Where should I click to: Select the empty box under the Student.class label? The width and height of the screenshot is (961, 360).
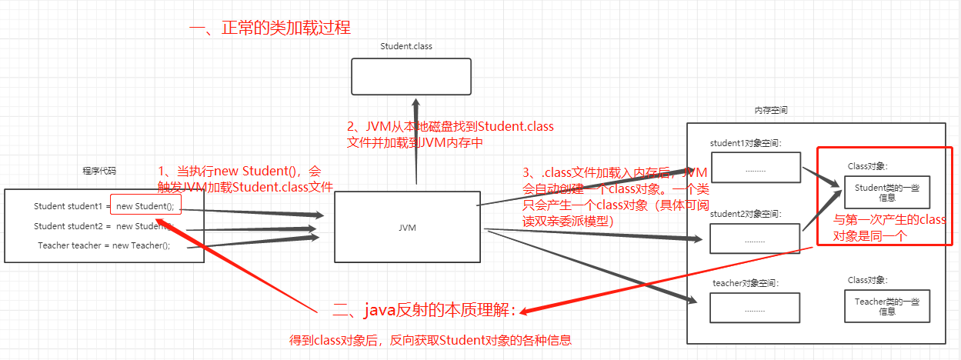click(410, 78)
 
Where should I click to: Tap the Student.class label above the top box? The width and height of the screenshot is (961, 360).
click(406, 46)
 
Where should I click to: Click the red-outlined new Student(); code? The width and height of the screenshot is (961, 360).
click(146, 205)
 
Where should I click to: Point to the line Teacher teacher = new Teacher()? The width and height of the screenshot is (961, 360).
click(104, 245)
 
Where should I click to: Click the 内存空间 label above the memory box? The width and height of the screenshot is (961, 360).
click(770, 111)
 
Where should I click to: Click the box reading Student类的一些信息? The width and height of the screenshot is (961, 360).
click(886, 192)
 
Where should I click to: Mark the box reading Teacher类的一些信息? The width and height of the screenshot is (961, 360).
click(886, 305)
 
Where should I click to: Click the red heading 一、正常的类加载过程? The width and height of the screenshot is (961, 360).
click(270, 28)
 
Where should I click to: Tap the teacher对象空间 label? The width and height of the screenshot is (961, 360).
click(746, 283)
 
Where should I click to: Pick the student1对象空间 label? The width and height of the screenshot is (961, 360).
click(745, 143)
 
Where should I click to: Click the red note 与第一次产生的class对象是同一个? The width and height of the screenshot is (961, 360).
click(889, 228)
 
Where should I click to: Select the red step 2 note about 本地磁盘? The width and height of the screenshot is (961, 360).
click(450, 134)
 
